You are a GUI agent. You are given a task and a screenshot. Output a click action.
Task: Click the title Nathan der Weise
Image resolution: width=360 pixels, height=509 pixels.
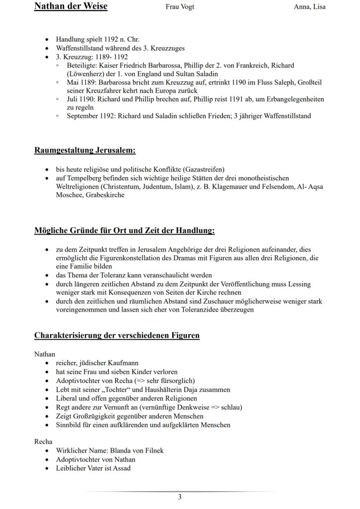point(70,6)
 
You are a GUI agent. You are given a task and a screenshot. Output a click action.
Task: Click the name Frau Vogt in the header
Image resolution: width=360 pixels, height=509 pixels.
point(180,7)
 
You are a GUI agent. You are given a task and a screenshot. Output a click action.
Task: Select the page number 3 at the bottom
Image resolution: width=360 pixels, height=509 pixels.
point(180,497)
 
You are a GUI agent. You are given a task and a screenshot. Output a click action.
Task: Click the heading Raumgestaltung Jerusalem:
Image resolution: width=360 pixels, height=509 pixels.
point(85,150)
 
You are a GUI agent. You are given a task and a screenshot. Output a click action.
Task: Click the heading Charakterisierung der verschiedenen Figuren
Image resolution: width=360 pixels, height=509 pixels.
point(117,336)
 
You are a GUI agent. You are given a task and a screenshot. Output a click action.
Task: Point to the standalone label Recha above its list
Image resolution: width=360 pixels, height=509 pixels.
point(43,442)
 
